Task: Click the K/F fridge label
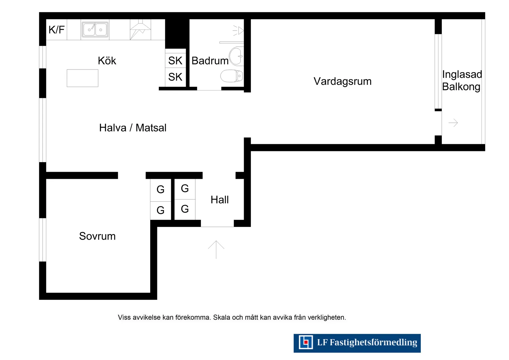tap(56, 30)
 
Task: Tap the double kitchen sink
tap(95, 29)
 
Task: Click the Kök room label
tap(107, 61)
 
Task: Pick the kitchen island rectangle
tap(82, 78)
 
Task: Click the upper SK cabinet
tap(175, 61)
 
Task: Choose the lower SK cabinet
tap(175, 77)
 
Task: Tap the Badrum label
tap(210, 61)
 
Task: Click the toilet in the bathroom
tap(232, 76)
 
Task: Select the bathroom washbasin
tap(237, 56)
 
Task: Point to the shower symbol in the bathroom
tap(238, 31)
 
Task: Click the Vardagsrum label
tap(342, 81)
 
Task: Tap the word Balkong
tap(461, 87)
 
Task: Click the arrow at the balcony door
tap(453, 123)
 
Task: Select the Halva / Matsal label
tap(133, 128)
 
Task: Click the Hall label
tap(220, 200)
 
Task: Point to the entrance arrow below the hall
tap(216, 250)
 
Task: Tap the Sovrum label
tap(97, 236)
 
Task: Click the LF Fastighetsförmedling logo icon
tap(306, 342)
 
